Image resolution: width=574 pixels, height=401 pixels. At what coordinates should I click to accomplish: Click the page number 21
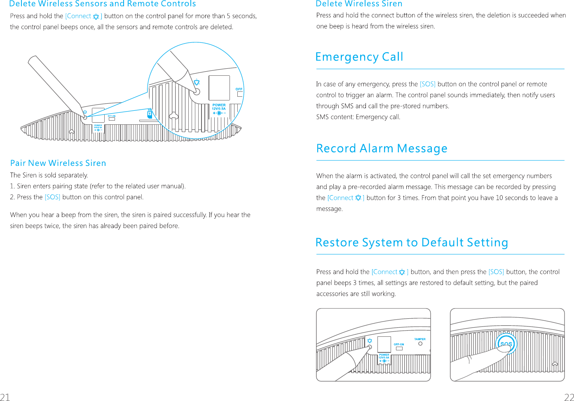click(x=5, y=397)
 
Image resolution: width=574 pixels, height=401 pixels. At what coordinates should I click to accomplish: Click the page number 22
click(x=569, y=397)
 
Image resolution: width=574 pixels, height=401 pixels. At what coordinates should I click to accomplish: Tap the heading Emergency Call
click(x=359, y=57)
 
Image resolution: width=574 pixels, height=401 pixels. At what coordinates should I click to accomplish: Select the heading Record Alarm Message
click(x=382, y=148)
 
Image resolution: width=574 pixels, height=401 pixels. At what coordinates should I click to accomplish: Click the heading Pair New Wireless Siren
click(x=58, y=163)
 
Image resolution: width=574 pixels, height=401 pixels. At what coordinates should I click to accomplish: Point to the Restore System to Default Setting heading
click(x=411, y=242)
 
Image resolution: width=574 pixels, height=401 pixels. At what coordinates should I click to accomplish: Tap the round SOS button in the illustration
click(x=506, y=343)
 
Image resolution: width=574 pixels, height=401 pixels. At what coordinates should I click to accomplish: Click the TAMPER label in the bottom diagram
click(x=420, y=339)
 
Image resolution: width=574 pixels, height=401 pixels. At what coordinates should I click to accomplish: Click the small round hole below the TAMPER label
click(x=420, y=344)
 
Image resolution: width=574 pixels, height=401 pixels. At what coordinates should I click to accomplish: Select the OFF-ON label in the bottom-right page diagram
click(x=399, y=344)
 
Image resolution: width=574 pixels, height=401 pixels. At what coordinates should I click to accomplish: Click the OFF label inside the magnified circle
click(x=239, y=89)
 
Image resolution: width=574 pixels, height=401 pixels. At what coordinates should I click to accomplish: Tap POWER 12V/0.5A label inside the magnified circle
click(x=219, y=107)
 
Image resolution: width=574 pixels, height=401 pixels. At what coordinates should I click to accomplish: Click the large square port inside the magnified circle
click(x=219, y=88)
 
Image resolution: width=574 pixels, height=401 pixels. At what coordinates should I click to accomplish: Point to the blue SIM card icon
click(x=150, y=114)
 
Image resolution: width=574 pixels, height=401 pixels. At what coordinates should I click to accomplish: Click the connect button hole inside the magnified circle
click(x=197, y=92)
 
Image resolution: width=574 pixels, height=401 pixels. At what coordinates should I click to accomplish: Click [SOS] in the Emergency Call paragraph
click(x=427, y=84)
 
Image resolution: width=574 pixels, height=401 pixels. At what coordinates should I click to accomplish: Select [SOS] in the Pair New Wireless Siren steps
click(x=52, y=197)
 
